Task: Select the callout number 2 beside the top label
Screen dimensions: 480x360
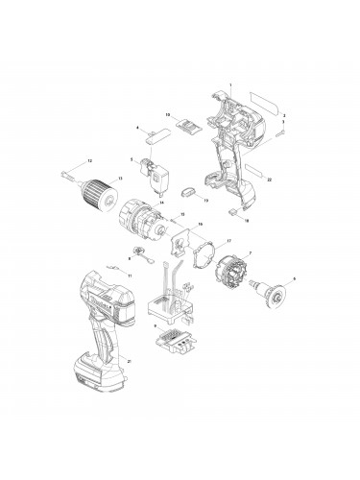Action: [x=283, y=115]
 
